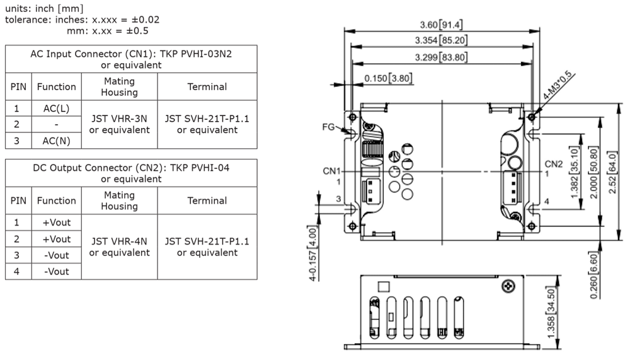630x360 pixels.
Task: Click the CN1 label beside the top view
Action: click(x=331, y=170)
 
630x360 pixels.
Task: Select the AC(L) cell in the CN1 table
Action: click(x=56, y=108)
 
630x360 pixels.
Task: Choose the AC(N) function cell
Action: click(x=56, y=141)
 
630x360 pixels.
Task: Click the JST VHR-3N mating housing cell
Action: click(x=120, y=124)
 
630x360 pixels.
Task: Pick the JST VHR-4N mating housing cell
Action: click(x=120, y=247)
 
